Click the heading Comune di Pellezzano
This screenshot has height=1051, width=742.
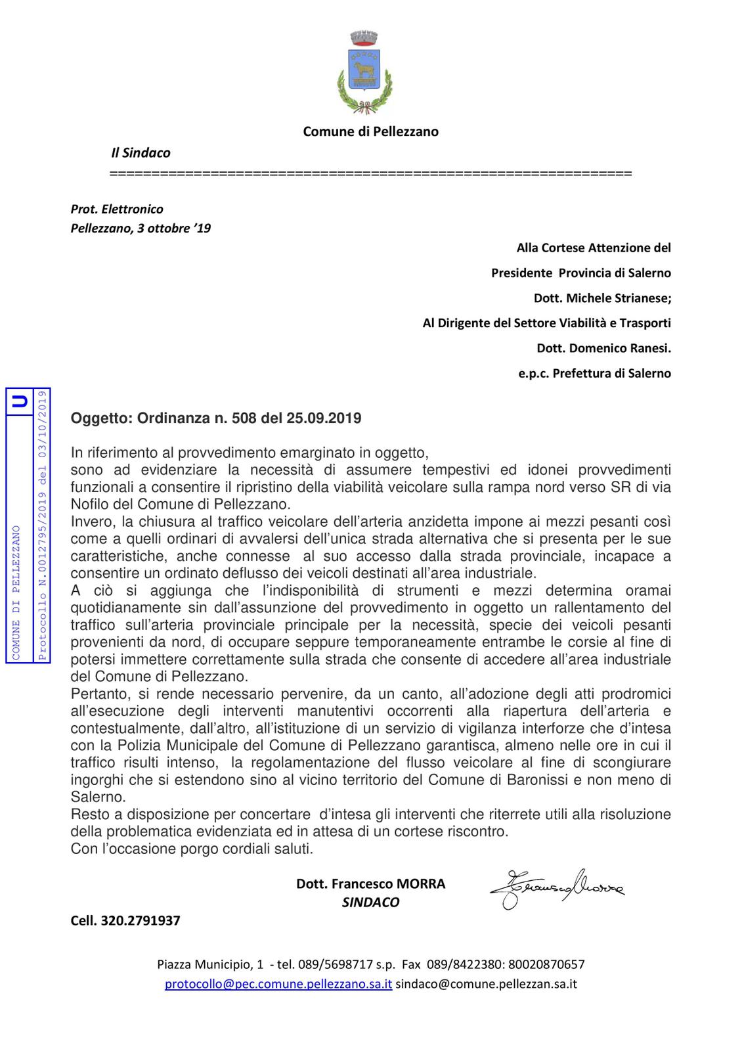370,131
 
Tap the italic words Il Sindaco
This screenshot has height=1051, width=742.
141,153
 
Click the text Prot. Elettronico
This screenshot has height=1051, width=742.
117,209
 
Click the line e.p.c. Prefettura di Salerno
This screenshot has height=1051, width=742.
594,374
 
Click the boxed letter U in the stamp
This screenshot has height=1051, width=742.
20,401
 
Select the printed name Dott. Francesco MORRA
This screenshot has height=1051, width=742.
370,884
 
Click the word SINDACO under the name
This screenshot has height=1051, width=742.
370,903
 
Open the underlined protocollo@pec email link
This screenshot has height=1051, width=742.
278,984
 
